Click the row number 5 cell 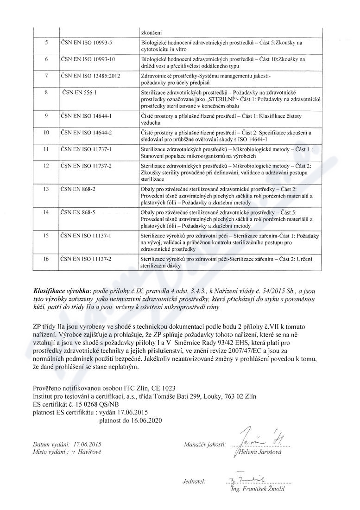click(45, 43)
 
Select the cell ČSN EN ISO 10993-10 click(88, 59)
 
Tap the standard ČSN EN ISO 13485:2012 click(91, 75)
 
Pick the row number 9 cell click(45, 115)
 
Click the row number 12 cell click(45, 166)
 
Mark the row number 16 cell click(45, 259)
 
